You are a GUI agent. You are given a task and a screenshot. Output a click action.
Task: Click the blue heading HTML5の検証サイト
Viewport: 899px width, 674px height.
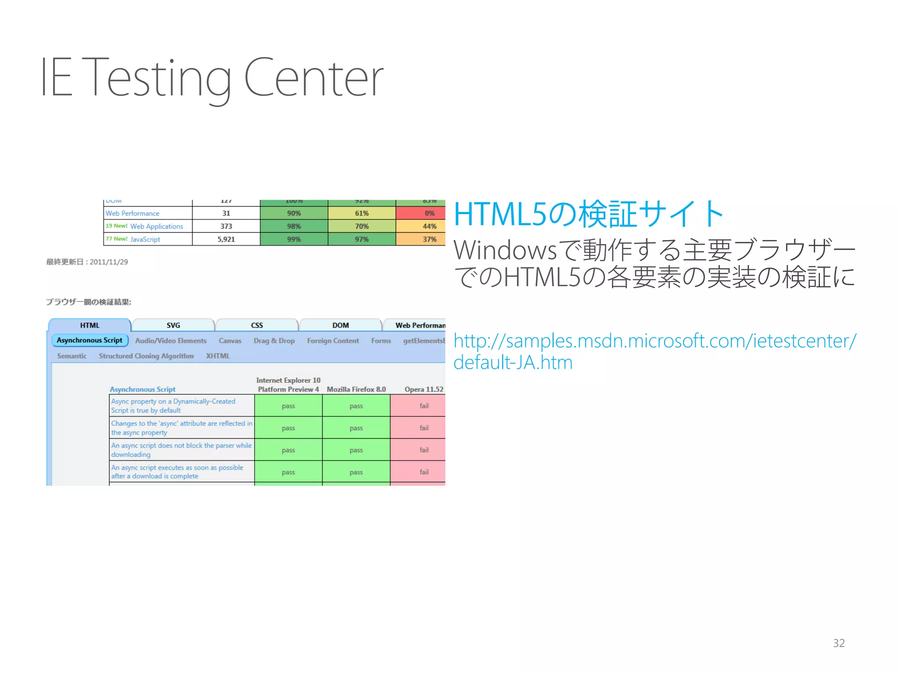[588, 214]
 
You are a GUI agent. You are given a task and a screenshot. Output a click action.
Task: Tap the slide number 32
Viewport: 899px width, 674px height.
[839, 643]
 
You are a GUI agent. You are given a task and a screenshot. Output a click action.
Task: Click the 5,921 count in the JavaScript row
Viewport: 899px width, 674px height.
[226, 239]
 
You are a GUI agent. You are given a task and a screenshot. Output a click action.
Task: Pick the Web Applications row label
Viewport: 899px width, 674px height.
[156, 226]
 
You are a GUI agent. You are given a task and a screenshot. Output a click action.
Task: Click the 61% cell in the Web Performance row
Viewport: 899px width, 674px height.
[362, 213]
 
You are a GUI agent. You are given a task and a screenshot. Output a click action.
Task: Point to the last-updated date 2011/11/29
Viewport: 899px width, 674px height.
[108, 262]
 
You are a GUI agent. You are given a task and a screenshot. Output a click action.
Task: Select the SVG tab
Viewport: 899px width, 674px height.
[173, 325]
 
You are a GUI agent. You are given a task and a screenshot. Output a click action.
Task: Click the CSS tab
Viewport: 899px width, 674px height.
[257, 325]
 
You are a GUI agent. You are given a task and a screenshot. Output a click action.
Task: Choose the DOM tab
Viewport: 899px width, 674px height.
[340, 325]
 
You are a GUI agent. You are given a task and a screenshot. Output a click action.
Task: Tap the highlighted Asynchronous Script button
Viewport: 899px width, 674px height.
[90, 340]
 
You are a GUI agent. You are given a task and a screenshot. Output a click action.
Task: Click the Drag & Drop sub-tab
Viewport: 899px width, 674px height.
[274, 341]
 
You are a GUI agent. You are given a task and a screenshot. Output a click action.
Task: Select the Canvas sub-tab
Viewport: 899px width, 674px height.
[230, 341]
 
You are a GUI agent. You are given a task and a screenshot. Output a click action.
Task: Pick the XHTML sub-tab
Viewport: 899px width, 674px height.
[218, 356]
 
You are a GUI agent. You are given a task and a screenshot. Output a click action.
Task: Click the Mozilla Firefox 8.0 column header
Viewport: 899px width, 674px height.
[356, 389]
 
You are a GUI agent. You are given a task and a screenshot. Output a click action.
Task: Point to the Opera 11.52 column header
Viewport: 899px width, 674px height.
[424, 389]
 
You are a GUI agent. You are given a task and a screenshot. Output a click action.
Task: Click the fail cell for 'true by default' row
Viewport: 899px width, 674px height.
[424, 406]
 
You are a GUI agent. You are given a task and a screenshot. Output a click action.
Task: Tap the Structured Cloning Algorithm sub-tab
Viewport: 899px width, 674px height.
[146, 356]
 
